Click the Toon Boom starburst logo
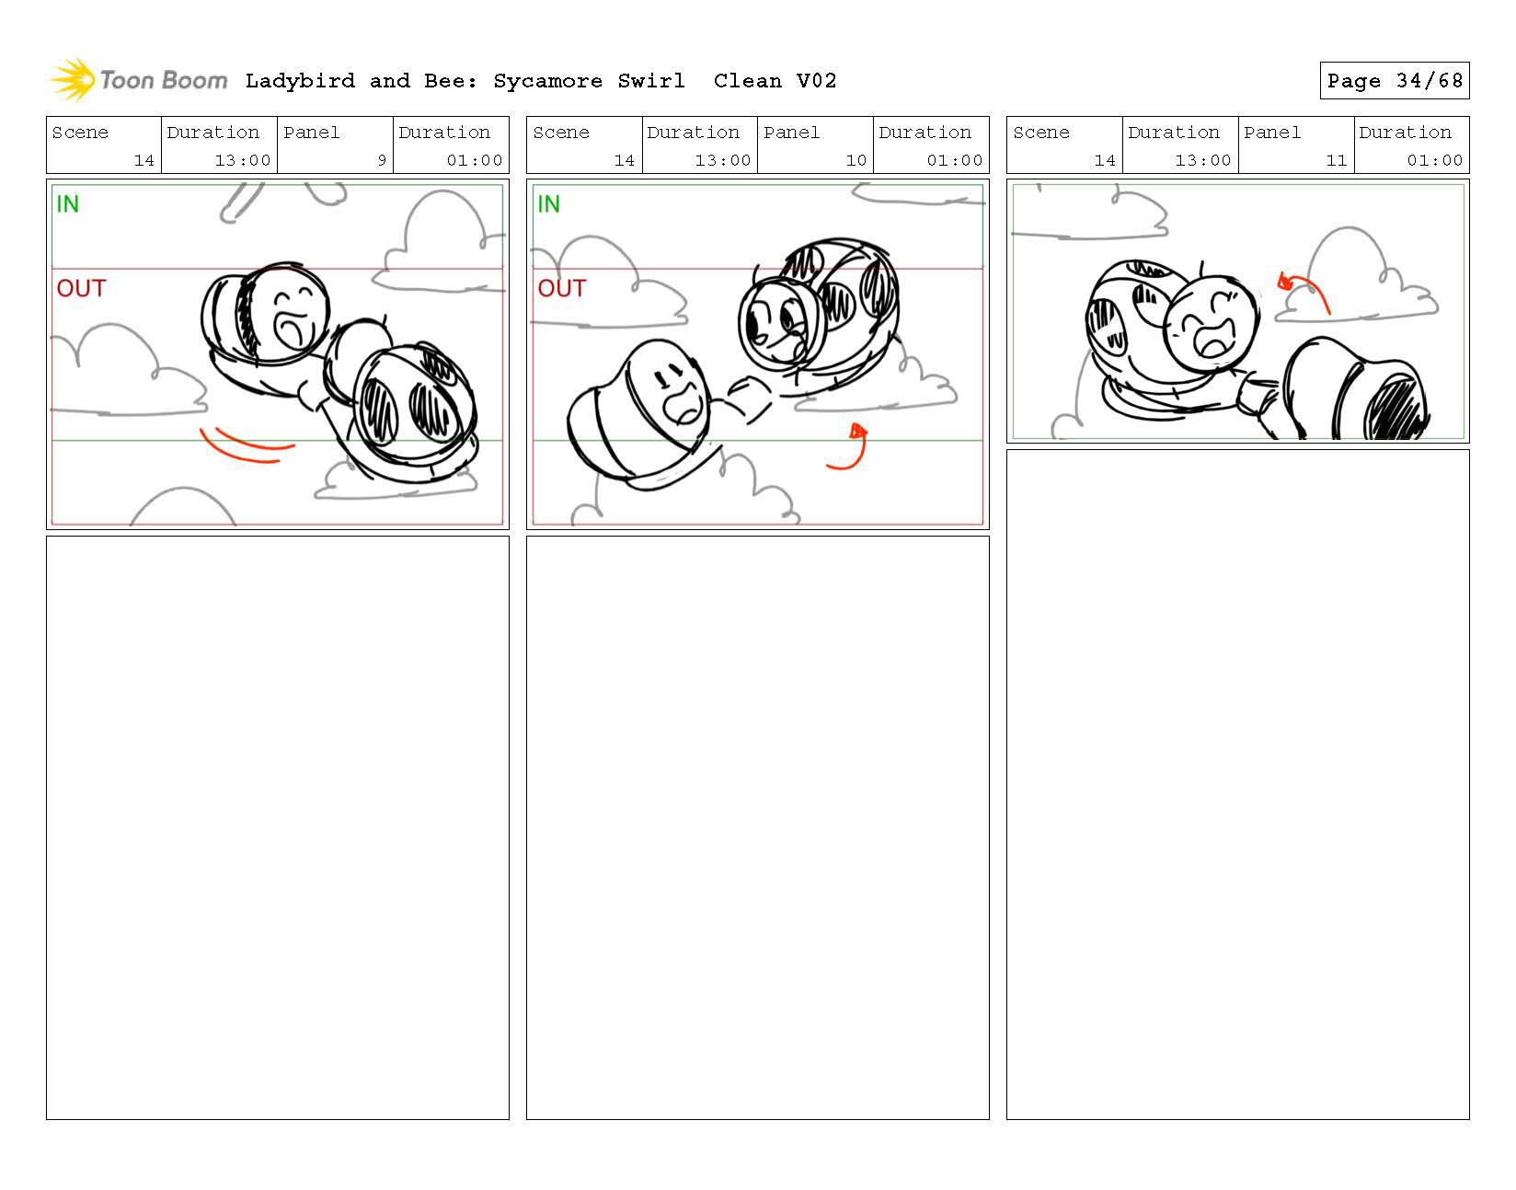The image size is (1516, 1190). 73,79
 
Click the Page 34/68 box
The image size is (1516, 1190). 1394,81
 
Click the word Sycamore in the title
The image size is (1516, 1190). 547,81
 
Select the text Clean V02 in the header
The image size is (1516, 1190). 775,81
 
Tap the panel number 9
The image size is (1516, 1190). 382,160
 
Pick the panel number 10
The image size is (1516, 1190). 856,160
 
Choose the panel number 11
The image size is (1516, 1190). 1336,160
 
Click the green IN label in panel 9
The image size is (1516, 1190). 68,203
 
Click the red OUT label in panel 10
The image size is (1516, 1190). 562,288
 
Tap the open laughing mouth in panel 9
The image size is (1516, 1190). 292,328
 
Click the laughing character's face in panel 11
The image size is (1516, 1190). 1212,321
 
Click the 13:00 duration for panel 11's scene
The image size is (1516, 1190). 1202,160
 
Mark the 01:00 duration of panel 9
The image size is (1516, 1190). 475,160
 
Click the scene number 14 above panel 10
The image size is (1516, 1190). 625,160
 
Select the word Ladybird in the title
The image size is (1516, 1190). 300,81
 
